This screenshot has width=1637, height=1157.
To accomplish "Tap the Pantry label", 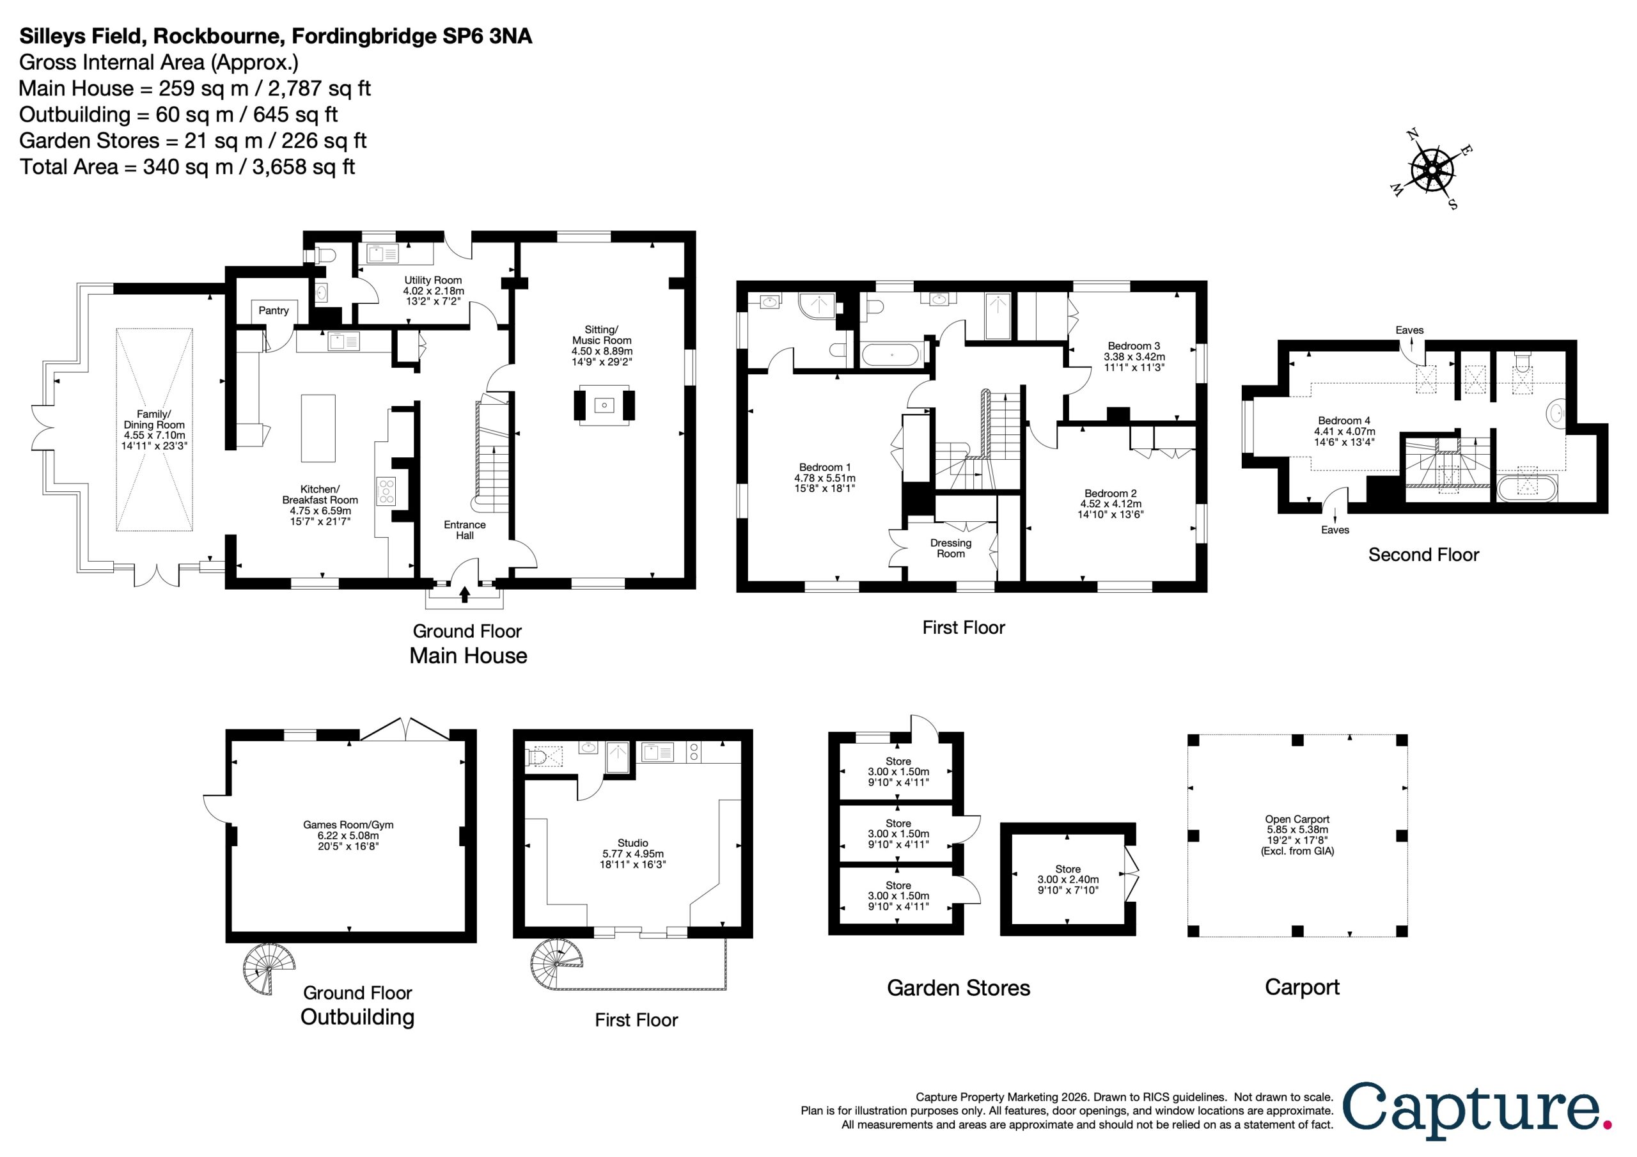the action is [x=274, y=310].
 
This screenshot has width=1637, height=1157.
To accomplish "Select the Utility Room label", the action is [x=434, y=280].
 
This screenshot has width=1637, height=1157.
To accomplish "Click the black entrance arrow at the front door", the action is [x=465, y=594].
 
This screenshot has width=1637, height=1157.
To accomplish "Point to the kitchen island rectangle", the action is [x=318, y=429].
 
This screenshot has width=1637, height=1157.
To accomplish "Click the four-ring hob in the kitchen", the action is [x=386, y=491].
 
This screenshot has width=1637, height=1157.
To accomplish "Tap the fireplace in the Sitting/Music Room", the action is [x=604, y=405].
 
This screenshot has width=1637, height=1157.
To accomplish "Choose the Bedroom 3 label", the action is [x=1134, y=347].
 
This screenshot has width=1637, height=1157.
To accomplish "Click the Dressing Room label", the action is [x=950, y=548].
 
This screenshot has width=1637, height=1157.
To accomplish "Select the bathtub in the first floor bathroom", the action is [x=891, y=354].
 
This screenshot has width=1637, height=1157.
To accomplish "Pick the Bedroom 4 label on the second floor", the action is [x=1344, y=421].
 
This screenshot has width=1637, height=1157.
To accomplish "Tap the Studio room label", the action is [x=633, y=842].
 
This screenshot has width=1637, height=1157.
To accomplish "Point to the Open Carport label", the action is [x=1297, y=819].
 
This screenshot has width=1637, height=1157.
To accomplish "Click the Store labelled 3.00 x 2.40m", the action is [x=1068, y=879].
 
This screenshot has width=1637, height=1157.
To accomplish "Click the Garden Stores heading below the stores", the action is [x=959, y=988].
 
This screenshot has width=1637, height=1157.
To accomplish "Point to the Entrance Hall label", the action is [x=465, y=530].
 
